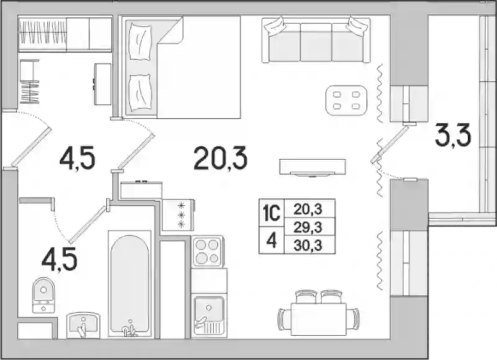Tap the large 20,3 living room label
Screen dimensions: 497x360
[221, 158]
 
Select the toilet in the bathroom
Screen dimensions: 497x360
[43, 295]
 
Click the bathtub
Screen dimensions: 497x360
[129, 284]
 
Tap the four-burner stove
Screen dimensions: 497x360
[207, 251]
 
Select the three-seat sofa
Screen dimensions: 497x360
[316, 40]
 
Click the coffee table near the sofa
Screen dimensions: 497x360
[346, 100]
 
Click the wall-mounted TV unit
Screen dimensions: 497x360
[312, 167]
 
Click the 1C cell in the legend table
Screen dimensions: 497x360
[271, 213]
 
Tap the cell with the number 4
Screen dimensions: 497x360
[271, 241]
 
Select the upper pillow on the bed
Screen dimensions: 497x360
[139, 43]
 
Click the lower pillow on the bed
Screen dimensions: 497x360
[139, 93]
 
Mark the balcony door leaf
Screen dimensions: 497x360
[390, 144]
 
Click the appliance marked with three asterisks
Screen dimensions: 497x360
[178, 215]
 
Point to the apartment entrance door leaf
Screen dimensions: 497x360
[31, 147]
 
